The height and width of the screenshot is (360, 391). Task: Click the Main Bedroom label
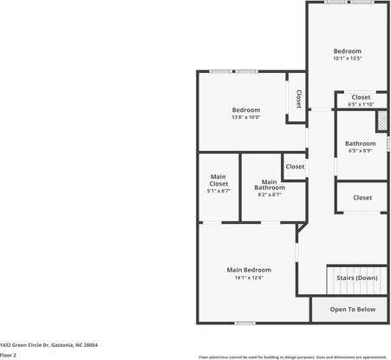tap(249, 270)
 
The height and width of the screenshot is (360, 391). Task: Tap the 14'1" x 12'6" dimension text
tap(249, 278)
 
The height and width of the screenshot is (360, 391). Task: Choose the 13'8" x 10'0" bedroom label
tap(245, 110)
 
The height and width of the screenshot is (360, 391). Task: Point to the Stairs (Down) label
tap(356, 278)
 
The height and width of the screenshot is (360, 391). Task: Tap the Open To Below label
tap(353, 309)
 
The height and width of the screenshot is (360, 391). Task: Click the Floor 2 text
tap(9, 355)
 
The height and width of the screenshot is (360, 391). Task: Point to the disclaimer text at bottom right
tap(293, 356)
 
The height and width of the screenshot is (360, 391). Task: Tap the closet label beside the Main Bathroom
tap(295, 166)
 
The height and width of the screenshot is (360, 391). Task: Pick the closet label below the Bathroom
tap(362, 198)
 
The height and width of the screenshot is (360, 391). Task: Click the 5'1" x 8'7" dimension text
tap(218, 191)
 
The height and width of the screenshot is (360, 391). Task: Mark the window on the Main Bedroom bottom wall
tap(245, 323)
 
